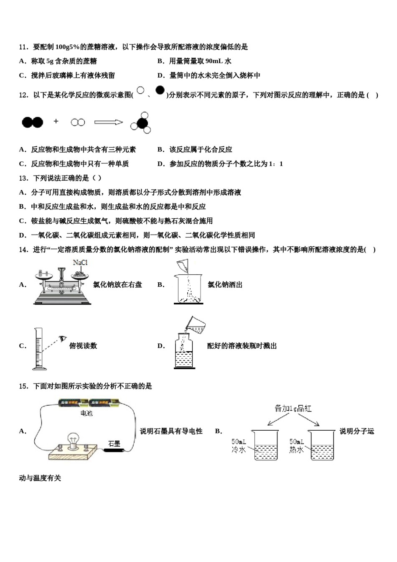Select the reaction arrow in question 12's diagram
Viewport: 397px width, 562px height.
click(108, 122)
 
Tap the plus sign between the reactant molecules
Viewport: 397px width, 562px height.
click(56, 121)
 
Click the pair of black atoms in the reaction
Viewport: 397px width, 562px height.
click(33, 122)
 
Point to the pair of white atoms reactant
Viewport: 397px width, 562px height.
click(78, 122)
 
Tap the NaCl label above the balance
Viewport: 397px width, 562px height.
click(80, 263)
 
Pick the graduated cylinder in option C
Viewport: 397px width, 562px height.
click(39, 349)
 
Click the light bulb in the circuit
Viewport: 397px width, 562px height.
click(74, 441)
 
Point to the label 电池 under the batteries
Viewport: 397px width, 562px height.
click(86, 413)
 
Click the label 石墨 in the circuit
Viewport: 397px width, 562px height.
click(114, 443)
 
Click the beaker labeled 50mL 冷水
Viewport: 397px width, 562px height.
click(266, 445)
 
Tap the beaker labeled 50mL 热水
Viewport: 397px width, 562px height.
click(322, 445)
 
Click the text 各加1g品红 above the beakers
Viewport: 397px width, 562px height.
click(293, 409)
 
